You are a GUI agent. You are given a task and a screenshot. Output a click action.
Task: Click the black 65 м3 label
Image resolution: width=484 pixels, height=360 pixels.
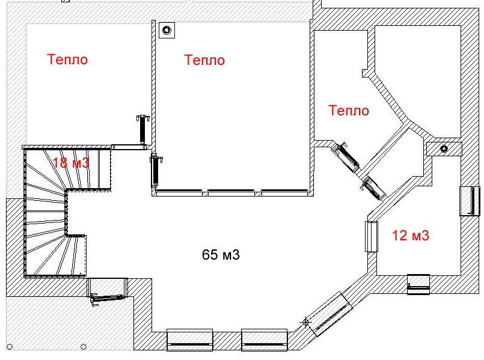pos(221,255)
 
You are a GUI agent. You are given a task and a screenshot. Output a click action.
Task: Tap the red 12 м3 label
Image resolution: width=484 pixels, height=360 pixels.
pos(411,236)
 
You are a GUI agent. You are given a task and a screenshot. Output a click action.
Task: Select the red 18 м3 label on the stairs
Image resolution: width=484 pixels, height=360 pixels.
pos(71,162)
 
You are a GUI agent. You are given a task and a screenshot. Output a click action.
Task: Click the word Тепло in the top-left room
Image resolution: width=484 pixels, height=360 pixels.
pos(67,59)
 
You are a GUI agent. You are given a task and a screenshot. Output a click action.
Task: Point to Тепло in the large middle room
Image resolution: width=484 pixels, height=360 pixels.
pos(204,60)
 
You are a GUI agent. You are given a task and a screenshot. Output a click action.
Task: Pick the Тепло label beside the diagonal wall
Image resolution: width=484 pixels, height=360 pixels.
pos(349,111)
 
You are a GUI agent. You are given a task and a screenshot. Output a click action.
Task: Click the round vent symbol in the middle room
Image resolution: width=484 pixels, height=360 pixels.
pos(167,30)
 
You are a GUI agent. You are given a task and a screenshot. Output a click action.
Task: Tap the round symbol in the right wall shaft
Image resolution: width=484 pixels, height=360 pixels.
pos(444,148)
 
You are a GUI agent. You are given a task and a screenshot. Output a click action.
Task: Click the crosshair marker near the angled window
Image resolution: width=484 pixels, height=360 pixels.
pos(305,322)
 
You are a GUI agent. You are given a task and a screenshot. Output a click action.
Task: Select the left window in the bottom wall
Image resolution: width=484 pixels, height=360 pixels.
pos(190,340)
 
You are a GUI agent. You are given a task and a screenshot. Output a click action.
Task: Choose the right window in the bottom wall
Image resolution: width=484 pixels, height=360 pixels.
pos(264,340)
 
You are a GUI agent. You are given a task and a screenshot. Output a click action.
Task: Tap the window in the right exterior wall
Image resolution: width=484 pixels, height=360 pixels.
pos(470,201)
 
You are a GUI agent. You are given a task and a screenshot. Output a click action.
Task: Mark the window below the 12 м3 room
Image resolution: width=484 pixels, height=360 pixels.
pos(418,284)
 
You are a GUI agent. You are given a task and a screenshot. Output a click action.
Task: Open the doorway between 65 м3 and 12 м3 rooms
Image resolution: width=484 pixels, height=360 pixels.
pos(372,237)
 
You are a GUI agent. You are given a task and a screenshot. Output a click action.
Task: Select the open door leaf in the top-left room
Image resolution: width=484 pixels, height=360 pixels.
pos(142,129)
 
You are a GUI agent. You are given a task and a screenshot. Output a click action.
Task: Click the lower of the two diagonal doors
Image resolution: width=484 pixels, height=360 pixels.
pos(373,188)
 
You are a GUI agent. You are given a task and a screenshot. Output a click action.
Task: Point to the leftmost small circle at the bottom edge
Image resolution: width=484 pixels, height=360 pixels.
pos(10,347)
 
